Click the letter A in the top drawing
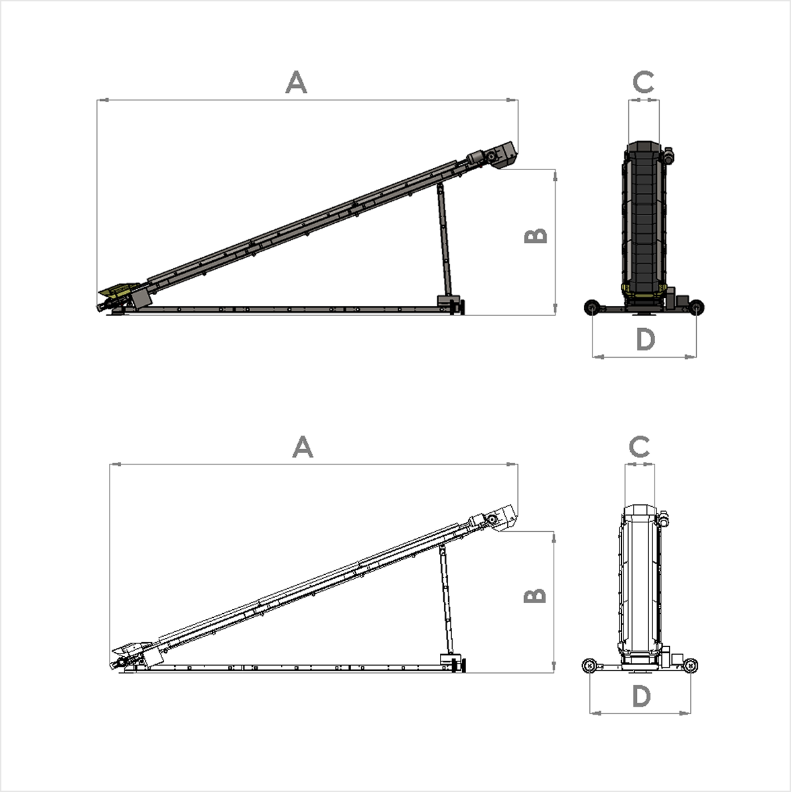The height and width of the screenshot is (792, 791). pos(296,83)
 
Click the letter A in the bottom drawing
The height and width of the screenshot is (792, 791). pos(303,447)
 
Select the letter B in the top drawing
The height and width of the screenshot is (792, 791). pos(536,236)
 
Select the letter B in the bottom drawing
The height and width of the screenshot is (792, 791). pos(535,596)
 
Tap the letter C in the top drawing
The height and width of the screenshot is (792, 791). pos(644,83)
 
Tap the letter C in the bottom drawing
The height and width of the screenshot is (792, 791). pos(639,446)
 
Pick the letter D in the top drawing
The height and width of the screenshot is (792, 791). pos(645,340)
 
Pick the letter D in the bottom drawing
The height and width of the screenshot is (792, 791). pos(642,697)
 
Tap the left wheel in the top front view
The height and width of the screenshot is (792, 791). pos(592,308)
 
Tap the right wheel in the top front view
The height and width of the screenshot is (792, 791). pos(698,308)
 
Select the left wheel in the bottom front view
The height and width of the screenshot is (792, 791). pos(589,666)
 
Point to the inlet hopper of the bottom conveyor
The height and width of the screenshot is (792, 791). pos(126,650)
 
